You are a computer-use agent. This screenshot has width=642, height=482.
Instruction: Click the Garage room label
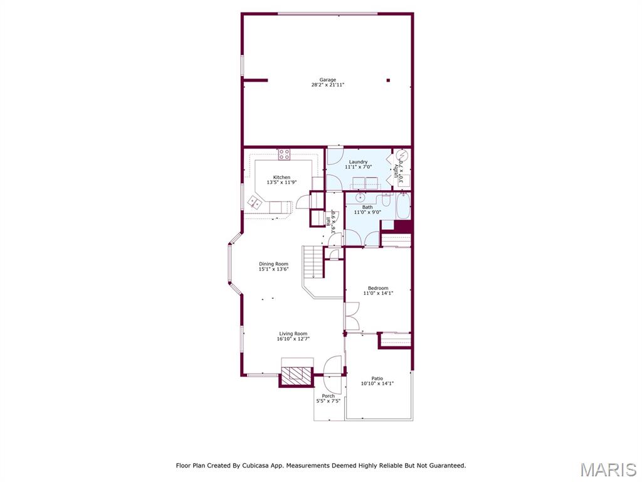click(327, 80)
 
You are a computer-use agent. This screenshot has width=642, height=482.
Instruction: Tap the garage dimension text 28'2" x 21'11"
click(327, 85)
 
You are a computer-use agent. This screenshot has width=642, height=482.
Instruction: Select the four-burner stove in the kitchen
click(284, 153)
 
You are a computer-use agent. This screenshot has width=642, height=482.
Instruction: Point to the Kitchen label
click(282, 177)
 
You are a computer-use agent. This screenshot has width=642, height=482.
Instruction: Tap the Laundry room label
click(359, 162)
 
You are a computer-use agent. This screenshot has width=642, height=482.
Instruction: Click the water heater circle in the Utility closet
click(401, 156)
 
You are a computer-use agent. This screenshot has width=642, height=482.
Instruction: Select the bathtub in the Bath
click(403, 205)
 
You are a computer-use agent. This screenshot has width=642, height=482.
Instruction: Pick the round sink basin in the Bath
click(361, 197)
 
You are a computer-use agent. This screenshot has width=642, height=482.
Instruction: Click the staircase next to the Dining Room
click(312, 262)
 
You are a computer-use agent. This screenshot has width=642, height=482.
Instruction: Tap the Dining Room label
click(273, 264)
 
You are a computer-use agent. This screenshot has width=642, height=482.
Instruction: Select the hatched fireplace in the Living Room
click(296, 375)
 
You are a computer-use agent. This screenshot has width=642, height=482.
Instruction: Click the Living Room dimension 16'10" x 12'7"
click(293, 339)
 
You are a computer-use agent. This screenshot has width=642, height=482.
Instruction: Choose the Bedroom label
click(377, 288)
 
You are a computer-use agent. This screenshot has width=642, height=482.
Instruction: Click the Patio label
click(377, 378)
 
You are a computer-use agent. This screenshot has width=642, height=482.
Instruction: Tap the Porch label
click(328, 396)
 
